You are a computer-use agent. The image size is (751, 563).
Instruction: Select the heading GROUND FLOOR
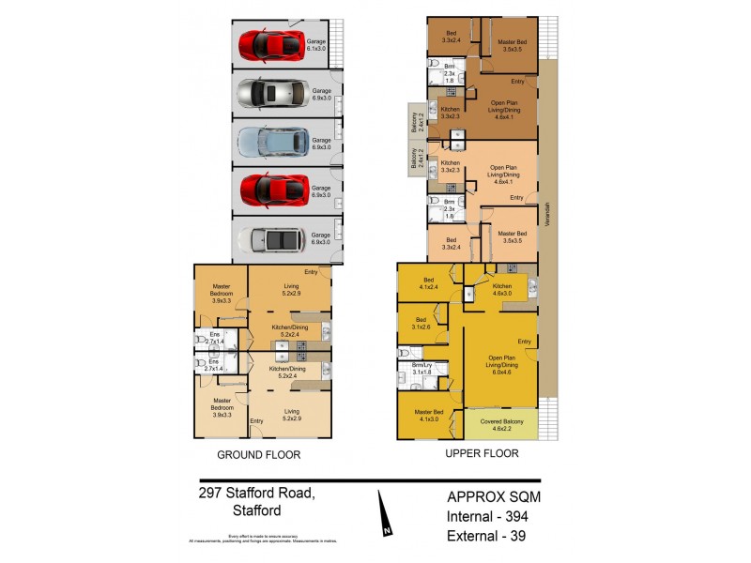tap(259, 455)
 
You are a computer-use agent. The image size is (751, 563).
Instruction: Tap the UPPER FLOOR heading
tap(481, 453)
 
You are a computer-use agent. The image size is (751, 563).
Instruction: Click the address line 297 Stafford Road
tap(258, 493)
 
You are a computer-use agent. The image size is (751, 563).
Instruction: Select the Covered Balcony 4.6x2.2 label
tap(500, 423)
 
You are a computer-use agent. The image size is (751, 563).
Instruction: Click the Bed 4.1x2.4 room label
tap(428, 282)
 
